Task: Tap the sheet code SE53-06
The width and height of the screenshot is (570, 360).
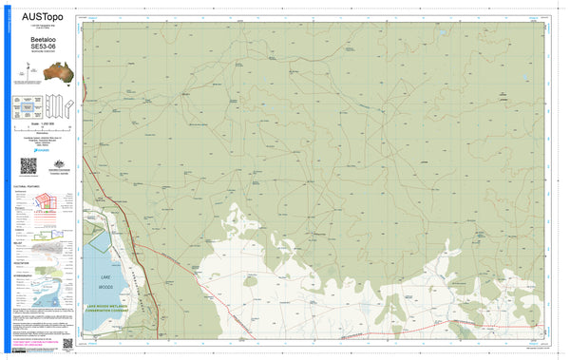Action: [x=39, y=47]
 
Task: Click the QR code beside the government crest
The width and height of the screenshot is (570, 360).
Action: [x=27, y=165]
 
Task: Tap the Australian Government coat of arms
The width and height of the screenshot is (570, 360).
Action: [x=53, y=162]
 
